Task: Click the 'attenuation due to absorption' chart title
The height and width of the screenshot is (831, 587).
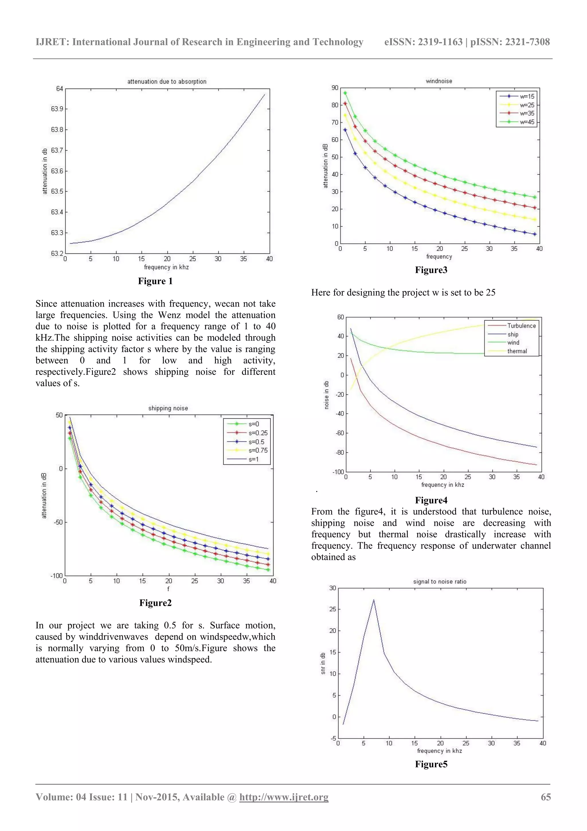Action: [167, 81]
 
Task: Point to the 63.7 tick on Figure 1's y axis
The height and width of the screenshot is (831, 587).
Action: [57, 150]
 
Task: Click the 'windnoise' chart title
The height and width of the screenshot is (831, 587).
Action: [439, 81]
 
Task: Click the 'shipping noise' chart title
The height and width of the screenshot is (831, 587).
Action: [168, 408]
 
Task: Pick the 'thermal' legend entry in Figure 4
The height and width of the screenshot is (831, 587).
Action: [517, 351]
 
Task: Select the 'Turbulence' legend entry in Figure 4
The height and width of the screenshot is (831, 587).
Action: [521, 326]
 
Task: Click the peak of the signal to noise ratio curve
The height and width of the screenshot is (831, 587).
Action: [374, 600]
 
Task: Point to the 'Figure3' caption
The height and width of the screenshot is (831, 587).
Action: [431, 270]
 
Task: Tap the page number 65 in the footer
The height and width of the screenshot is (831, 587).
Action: [545, 797]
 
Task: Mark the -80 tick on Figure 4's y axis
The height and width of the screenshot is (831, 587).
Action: [340, 452]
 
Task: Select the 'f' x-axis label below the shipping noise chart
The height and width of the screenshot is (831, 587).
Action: [168, 589]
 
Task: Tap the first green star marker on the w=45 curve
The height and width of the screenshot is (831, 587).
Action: [345, 93]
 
